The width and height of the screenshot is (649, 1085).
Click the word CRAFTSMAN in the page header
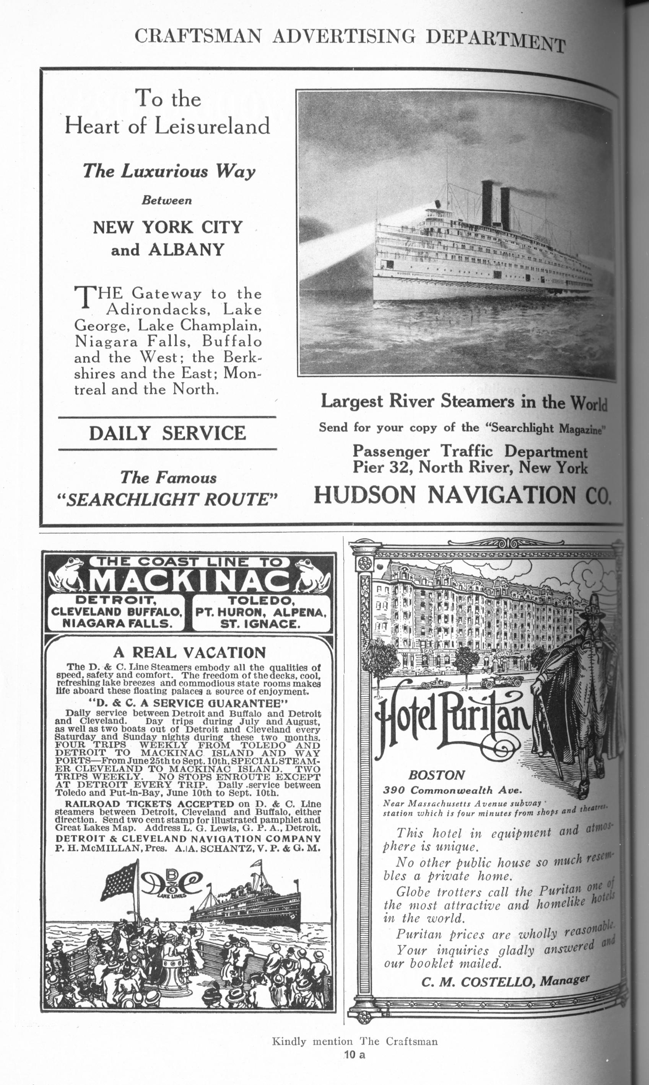pyautogui.click(x=198, y=36)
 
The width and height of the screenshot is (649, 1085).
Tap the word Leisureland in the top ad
pyautogui.click(x=212, y=126)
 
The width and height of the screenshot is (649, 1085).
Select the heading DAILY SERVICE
pyautogui.click(x=168, y=433)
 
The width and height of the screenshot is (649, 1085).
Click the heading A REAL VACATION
pyautogui.click(x=189, y=653)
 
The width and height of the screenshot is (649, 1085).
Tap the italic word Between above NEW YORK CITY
pyautogui.click(x=167, y=201)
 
